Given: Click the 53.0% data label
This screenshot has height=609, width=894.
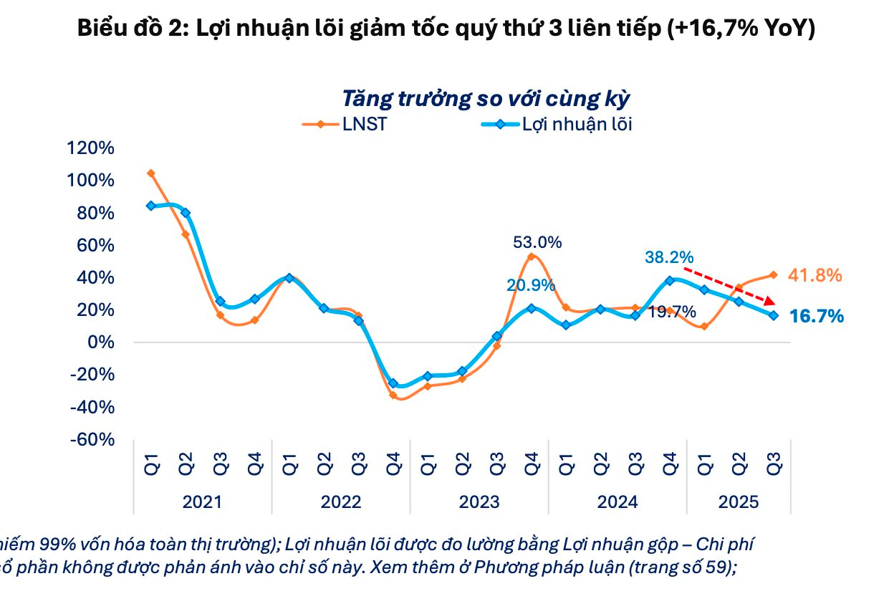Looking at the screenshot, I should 537,242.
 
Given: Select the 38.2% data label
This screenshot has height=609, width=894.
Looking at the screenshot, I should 669,256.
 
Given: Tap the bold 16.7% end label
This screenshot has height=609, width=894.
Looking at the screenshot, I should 817,316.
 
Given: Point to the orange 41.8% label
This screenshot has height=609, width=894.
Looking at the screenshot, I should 814,275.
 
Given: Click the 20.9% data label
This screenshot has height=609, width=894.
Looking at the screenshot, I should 531,285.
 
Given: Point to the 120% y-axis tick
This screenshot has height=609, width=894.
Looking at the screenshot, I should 90,148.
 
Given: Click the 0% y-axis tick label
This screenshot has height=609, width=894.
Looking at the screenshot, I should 100,342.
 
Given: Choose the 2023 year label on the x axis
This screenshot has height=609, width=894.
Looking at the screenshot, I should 479,502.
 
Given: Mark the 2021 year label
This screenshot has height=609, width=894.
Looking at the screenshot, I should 202,502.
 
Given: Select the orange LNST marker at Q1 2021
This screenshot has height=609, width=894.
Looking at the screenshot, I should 150,173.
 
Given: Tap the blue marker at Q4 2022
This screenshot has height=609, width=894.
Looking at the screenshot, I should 393,383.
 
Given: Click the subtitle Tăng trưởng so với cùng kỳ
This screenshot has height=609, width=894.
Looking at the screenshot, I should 486,98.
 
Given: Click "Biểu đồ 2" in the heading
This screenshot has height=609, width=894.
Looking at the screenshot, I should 123,29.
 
